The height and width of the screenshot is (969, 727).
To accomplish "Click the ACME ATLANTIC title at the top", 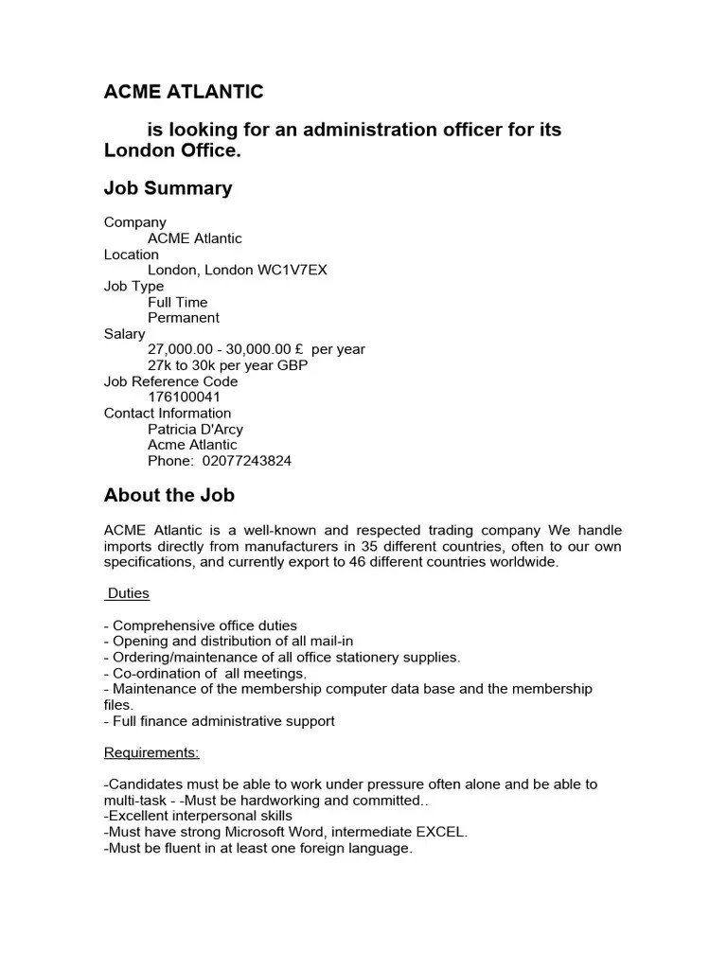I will [x=184, y=92].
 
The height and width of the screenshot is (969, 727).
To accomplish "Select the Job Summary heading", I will [x=168, y=188].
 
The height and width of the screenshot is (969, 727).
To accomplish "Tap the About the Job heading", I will [x=168, y=495].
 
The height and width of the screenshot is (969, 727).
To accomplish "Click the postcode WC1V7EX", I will [x=293, y=271].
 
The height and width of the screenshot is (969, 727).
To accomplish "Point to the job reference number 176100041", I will [x=184, y=397].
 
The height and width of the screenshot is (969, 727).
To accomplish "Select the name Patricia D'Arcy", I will [x=195, y=430].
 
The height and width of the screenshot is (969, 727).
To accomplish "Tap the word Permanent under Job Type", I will [x=184, y=318].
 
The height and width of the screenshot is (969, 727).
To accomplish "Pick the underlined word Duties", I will [x=128, y=594].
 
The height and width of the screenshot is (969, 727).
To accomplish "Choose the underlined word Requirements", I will [x=151, y=753].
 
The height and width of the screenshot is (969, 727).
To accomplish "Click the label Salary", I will [x=125, y=334].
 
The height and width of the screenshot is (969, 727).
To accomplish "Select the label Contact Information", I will [x=168, y=414].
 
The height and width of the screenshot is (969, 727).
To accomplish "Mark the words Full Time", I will [x=178, y=303].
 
